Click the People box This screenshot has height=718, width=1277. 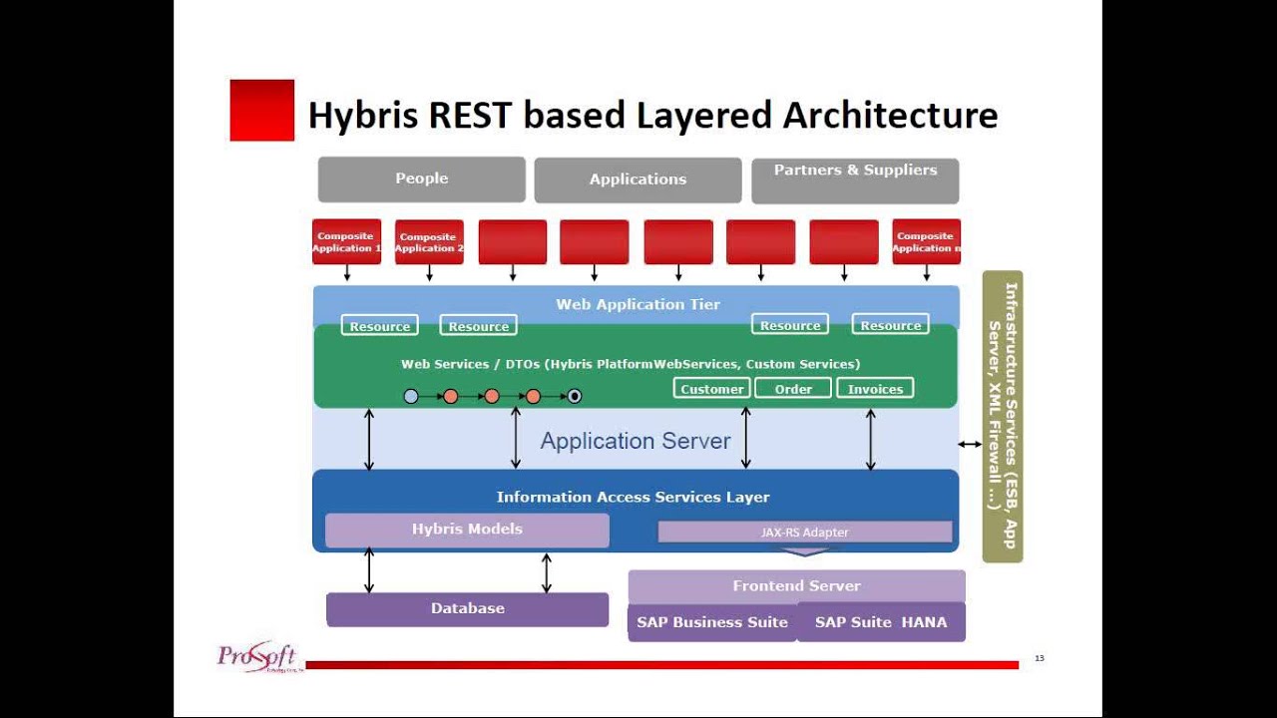[x=421, y=179]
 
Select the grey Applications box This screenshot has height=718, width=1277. [x=638, y=180]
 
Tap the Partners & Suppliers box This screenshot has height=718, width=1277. [x=855, y=180]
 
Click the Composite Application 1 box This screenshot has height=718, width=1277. [x=346, y=242]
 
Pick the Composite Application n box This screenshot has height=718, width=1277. [x=926, y=242]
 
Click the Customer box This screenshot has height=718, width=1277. [x=711, y=389]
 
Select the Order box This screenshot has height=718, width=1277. [x=793, y=389]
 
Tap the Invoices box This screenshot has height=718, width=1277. [x=875, y=389]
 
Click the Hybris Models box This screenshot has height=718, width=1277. [x=467, y=530]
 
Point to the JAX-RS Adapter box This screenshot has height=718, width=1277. [x=804, y=533]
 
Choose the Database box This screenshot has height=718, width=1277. [x=467, y=609]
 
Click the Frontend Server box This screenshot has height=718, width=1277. [x=796, y=586]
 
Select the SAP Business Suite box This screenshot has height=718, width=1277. [x=712, y=622]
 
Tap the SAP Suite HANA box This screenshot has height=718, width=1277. [x=881, y=622]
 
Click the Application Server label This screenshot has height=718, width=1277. [x=636, y=441]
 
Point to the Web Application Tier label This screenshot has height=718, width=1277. [x=638, y=304]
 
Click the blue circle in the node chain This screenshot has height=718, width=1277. [x=411, y=396]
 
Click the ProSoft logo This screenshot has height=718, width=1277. [x=257, y=657]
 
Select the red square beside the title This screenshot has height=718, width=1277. [x=262, y=111]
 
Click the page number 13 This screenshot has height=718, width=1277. [x=1039, y=658]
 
